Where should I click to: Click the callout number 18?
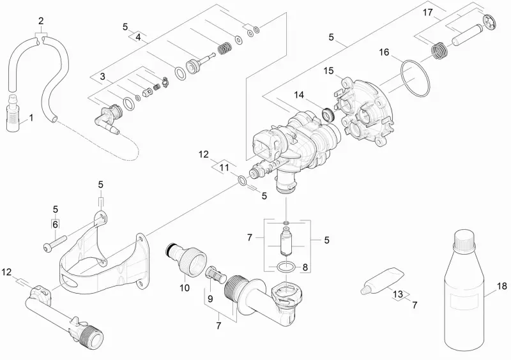pos(502,286)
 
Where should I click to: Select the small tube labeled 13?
pos(381,281)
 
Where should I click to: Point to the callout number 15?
pos(328,71)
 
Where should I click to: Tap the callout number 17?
pos(427,12)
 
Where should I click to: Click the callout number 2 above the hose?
pos(41,21)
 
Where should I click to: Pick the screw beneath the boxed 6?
pos(55,243)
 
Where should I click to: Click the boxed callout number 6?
pos(55,224)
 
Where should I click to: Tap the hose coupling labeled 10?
pos(187,259)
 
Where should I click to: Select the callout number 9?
pos(210,298)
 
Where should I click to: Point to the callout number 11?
pos(224,167)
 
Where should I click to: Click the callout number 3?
pos(103,76)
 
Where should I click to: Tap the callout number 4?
pos(138,37)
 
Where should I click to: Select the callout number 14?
pos(299,95)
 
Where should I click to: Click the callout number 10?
pos(185,288)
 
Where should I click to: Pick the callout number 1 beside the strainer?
pos(31,117)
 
